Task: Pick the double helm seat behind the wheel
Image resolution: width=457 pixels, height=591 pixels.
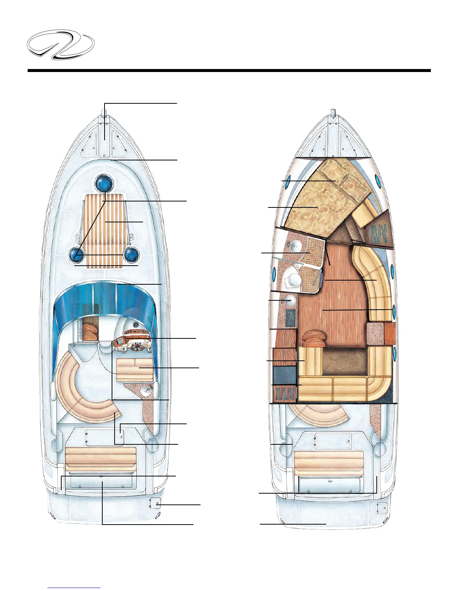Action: pos(134,368)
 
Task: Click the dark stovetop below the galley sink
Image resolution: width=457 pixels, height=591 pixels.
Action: pos(290,318)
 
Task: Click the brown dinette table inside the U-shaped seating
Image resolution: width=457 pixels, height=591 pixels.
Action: pos(345,362)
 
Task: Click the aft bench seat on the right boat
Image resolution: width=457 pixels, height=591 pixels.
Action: pos(329,463)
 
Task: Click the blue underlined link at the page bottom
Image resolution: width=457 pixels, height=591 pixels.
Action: pos(74,588)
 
